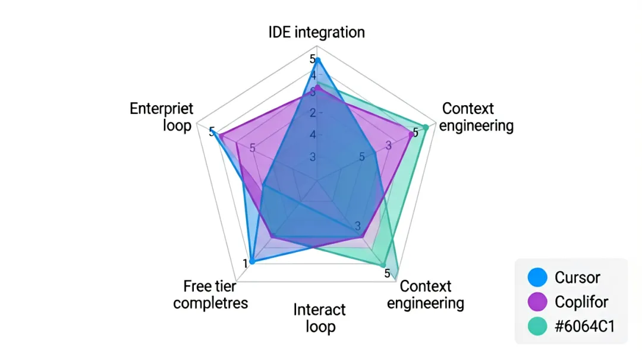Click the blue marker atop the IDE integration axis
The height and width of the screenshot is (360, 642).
(317, 61)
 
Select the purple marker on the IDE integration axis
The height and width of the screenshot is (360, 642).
(317, 87)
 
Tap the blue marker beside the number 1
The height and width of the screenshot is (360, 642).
(252, 261)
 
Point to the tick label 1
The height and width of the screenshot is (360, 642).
(246, 264)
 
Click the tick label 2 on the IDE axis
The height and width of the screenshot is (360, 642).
(313, 113)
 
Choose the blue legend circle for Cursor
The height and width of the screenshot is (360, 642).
(537, 277)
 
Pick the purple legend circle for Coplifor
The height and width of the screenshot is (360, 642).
(537, 302)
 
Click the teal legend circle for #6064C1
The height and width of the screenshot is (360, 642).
(537, 326)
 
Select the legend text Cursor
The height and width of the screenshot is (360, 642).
(577, 278)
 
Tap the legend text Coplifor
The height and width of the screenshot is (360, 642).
(581, 302)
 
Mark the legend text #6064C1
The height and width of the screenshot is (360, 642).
(585, 327)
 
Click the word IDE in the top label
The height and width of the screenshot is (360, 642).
(279, 32)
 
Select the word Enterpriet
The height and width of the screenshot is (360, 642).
(161, 109)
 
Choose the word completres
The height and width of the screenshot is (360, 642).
(210, 304)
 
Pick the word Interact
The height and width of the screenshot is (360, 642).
(319, 310)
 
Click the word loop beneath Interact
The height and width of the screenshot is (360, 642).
(320, 327)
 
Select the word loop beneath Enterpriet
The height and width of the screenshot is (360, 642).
(177, 125)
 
